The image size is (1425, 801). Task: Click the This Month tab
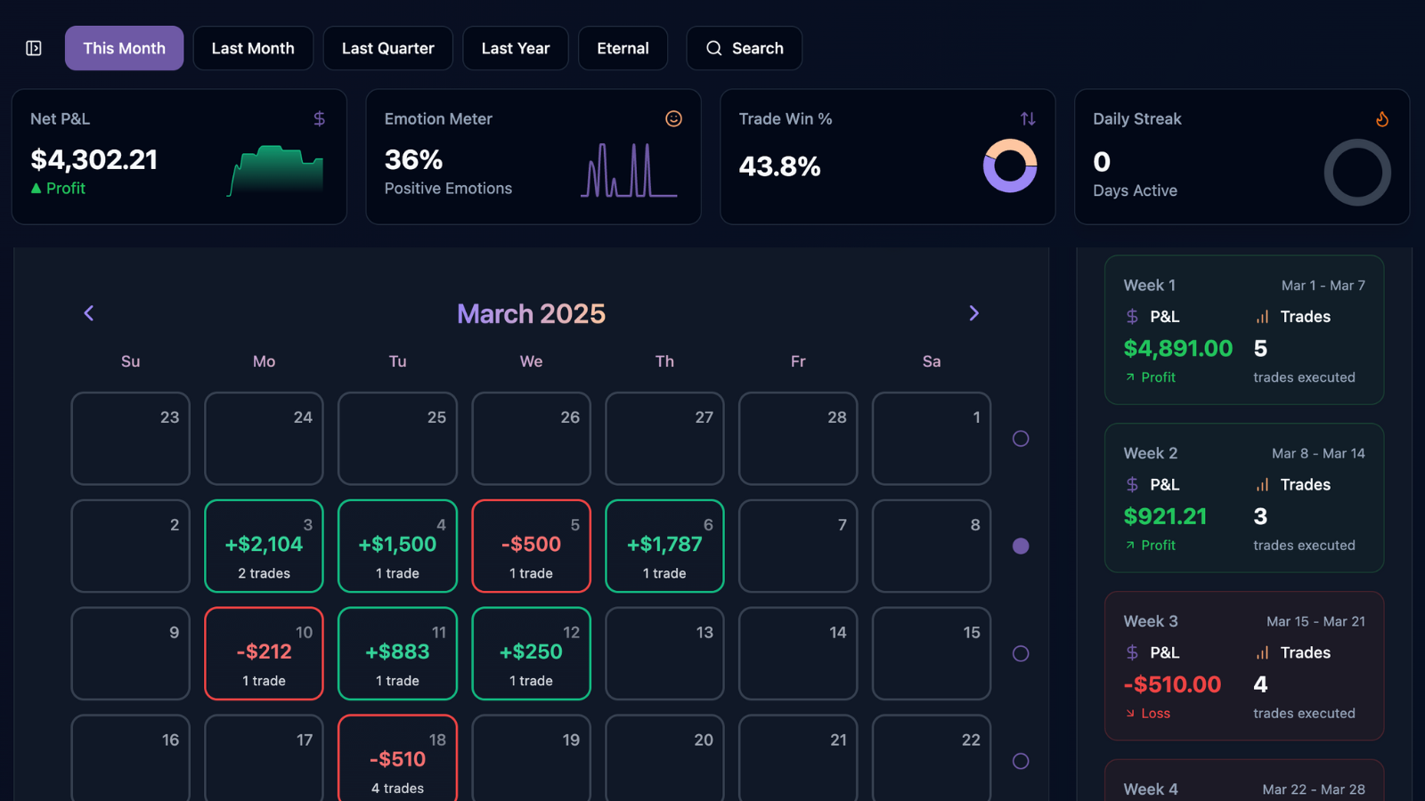tap(124, 48)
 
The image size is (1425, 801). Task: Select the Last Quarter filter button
tap(387, 48)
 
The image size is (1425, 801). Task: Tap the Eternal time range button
tap(623, 48)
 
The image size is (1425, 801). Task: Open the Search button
tap(744, 48)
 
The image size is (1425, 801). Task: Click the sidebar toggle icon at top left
tap(34, 48)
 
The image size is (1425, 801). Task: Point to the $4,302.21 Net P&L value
tap(94, 160)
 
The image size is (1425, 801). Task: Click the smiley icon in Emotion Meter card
tap(673, 118)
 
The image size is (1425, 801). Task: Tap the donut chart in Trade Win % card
tap(1009, 166)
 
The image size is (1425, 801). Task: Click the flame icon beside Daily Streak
tap(1381, 118)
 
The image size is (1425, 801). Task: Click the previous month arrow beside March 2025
tap(88, 313)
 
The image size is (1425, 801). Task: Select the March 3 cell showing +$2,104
tap(264, 546)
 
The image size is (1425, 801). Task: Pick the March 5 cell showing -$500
tap(531, 546)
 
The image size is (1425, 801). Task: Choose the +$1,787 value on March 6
tap(664, 545)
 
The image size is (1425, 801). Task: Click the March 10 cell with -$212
tap(264, 653)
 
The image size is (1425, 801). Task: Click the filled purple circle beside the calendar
tap(1021, 546)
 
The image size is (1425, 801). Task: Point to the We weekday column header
tap(531, 361)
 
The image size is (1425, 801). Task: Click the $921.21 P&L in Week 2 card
tap(1165, 516)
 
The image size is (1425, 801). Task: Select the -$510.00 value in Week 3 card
tap(1172, 684)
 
